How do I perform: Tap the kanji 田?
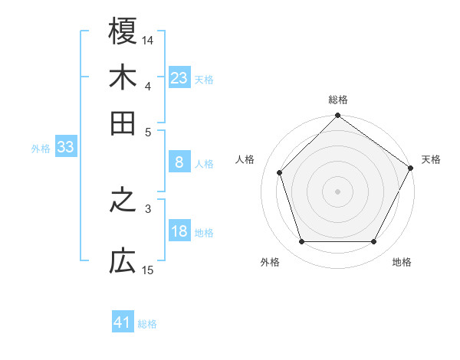123,123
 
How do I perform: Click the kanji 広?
123,262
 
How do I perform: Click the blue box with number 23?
179,78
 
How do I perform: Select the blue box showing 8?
179,162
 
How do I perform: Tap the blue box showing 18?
179,232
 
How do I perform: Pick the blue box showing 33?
65,148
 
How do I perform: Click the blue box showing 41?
123,322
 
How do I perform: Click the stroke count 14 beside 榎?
148,39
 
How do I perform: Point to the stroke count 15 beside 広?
148,270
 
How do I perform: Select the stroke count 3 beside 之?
148,208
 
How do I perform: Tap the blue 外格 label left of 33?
41,149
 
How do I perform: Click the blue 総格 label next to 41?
147,324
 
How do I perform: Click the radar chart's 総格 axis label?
338,100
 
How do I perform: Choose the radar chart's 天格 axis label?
431,159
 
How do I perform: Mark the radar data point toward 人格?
280,172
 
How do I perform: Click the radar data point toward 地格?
374,242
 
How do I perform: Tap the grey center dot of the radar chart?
338,191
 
